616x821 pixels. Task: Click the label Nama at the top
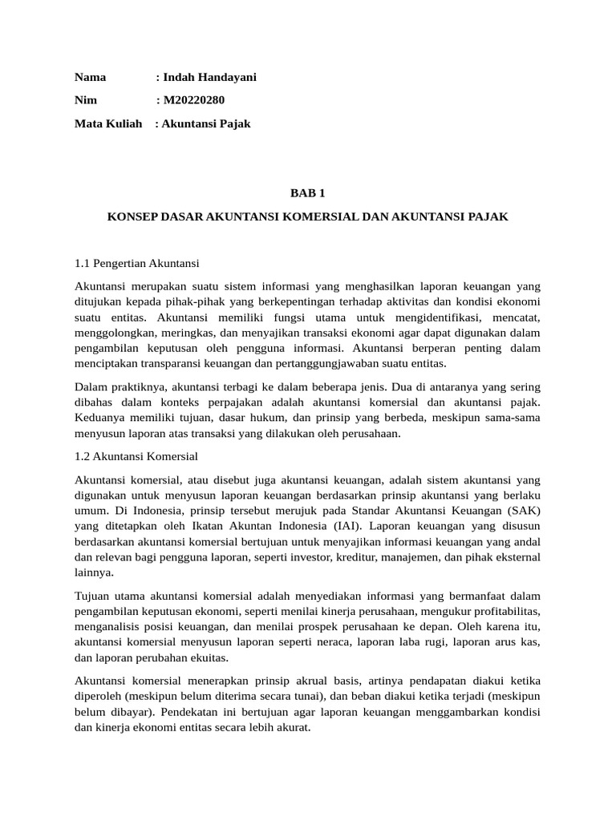[91, 78]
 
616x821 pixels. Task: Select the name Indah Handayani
[210, 78]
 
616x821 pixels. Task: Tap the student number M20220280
[194, 101]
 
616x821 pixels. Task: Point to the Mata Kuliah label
[108, 124]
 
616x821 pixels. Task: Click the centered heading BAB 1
[308, 193]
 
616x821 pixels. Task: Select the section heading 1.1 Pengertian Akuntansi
[136, 263]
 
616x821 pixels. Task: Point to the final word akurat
[293, 728]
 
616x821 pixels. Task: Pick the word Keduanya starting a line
[100, 418]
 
